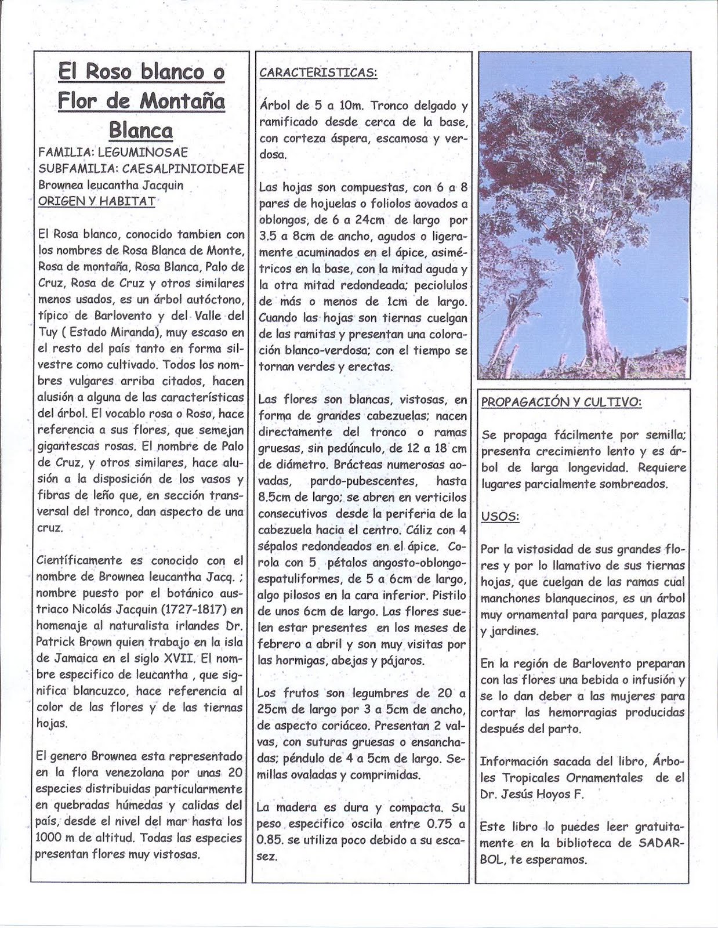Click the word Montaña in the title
(x=182, y=101)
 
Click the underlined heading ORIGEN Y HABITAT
(x=96, y=201)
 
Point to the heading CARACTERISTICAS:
(x=318, y=72)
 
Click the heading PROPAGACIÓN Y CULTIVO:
(x=561, y=402)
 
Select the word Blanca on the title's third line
(x=140, y=130)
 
